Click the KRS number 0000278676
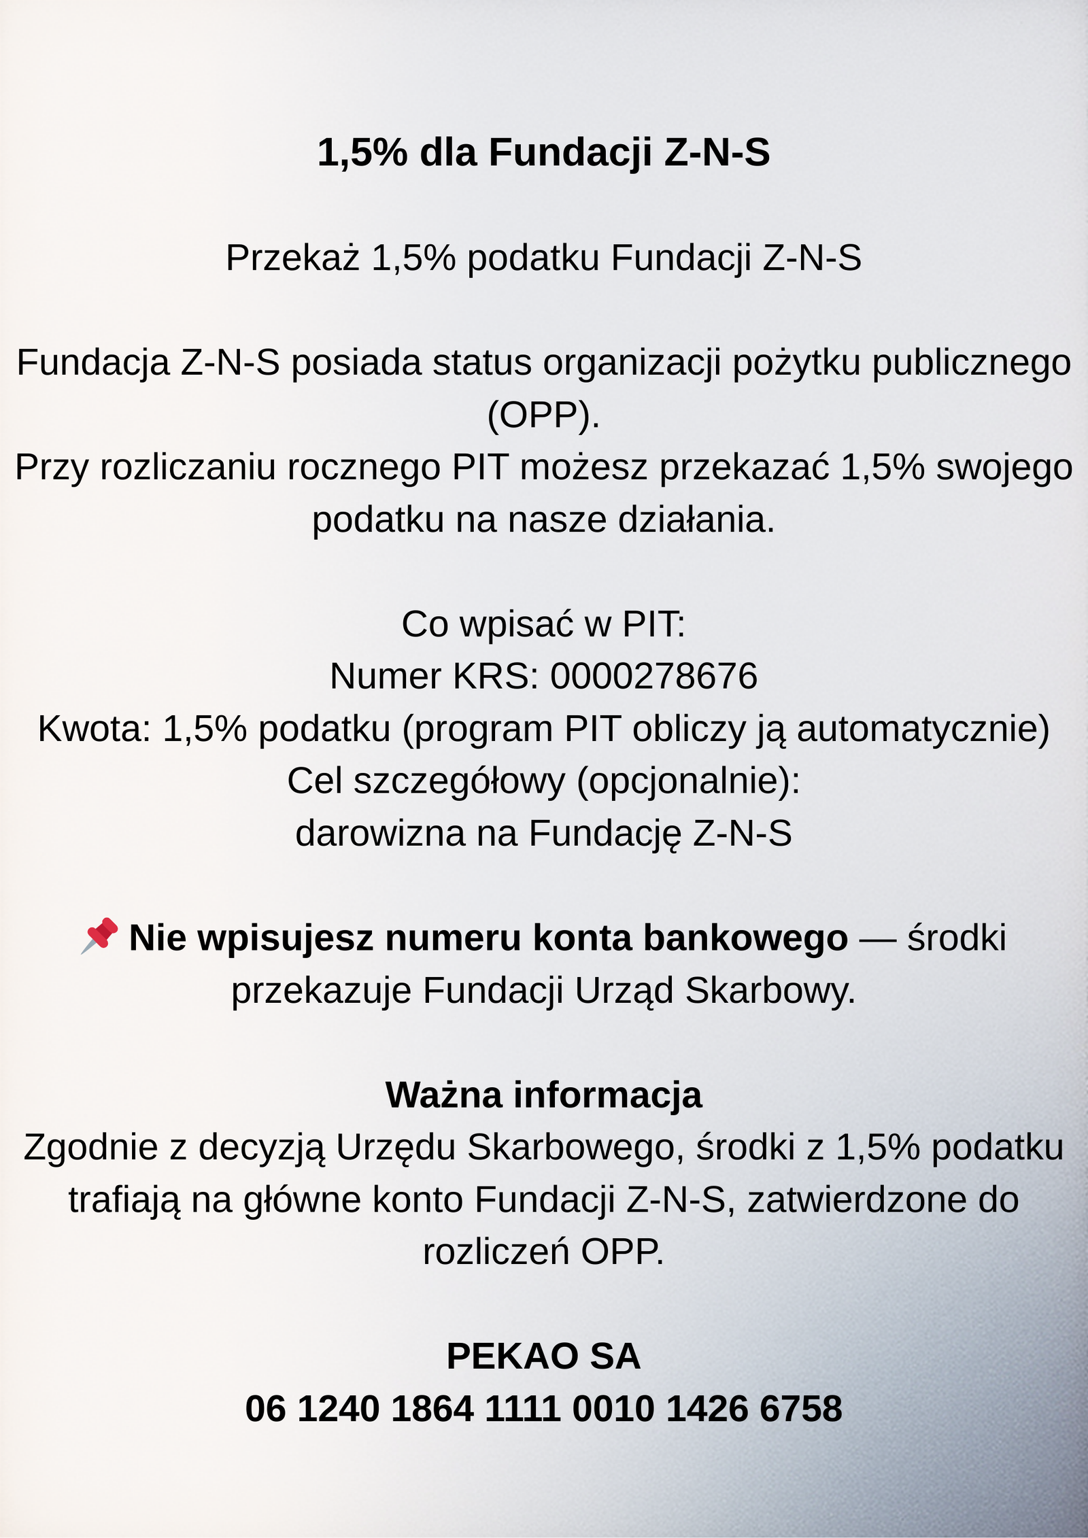pos(653,676)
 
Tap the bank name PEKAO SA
pos(543,1356)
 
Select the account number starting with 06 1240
pos(543,1408)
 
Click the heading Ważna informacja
pos(543,1095)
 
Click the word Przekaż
pos(292,258)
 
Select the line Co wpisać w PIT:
pos(543,623)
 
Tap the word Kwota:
pos(94,728)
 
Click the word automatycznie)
pos(923,728)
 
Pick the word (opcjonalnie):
pos(688,781)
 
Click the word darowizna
pos(379,833)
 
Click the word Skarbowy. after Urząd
pos(770,990)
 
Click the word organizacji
pos(632,362)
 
